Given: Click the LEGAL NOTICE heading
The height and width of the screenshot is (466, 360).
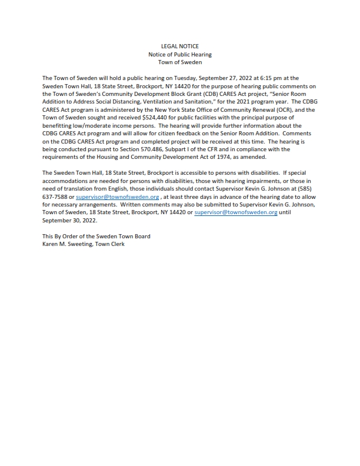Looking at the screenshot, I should click(x=180, y=46).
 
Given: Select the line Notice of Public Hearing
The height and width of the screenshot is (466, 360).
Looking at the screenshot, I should click(x=180, y=54).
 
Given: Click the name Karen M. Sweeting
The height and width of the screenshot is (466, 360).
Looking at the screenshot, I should click(x=67, y=244).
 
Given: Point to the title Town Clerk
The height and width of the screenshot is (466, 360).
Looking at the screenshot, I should click(x=110, y=244).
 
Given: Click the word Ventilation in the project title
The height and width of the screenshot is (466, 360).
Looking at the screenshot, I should click(x=151, y=102).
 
